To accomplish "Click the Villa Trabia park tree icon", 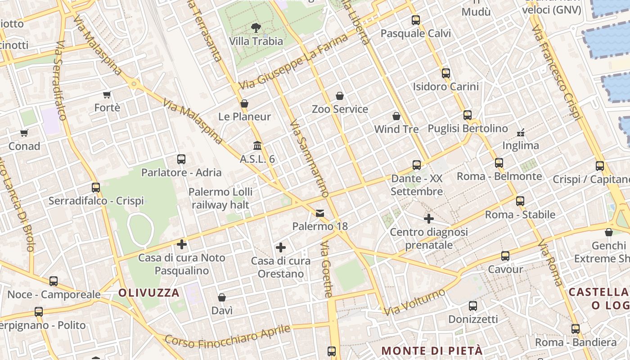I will pos(256,28).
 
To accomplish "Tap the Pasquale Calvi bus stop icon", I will pos(415,20).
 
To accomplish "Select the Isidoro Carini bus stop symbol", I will pos(445,73).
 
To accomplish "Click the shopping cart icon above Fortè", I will pos(107,94).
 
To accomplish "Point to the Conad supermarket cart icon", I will pos(24,133).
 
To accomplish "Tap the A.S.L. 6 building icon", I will pos(257,145).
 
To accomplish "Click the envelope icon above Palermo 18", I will pos(320,213).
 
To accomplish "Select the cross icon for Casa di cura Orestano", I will pos(281,247).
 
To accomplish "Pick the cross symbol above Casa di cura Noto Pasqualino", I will pos(182,244).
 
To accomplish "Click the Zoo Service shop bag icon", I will pos(340,96).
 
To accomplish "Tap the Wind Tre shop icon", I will pos(396,116).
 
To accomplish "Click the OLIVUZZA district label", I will pos(149,293).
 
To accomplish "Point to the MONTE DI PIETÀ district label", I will pos(432,351).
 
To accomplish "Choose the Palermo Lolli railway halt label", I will pos(220,198).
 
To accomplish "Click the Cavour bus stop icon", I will pos(505,256).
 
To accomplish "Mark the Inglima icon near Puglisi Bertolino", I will pos(521,132).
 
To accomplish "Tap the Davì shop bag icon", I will pos(222,297).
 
